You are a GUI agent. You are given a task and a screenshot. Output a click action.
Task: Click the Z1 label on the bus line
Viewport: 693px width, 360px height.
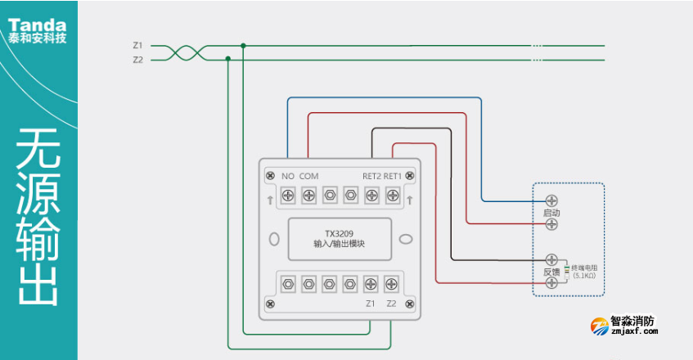point(137,46)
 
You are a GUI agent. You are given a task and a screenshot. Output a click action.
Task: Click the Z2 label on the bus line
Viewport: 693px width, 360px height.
point(137,60)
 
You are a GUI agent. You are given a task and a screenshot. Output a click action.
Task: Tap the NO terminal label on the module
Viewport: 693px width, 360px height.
point(288,176)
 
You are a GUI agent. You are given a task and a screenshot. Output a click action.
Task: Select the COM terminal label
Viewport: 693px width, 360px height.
point(308,176)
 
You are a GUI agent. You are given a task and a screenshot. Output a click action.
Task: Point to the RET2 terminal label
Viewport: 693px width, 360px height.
point(372,176)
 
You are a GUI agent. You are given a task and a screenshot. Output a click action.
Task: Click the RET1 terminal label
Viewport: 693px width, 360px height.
point(393,176)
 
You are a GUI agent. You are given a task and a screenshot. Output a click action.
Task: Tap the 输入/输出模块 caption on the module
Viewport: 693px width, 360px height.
point(339,244)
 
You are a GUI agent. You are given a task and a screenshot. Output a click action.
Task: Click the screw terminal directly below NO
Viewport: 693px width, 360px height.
point(288,196)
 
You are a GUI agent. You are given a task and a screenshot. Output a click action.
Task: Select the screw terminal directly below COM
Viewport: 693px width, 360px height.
point(308,196)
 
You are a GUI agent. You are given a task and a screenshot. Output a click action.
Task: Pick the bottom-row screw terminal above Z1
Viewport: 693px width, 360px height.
point(371,284)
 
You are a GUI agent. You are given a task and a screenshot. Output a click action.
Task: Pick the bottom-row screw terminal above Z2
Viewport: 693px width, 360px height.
point(391,284)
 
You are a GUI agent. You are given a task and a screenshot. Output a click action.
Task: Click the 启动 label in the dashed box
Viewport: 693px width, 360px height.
point(551,213)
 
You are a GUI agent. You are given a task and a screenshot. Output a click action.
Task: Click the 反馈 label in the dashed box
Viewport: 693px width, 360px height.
point(551,271)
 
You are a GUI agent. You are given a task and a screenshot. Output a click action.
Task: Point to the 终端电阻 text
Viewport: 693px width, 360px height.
point(584,268)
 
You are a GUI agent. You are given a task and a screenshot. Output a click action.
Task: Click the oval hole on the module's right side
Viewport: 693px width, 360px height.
point(404,240)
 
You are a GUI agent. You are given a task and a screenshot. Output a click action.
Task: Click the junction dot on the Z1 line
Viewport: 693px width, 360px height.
point(242,46)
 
